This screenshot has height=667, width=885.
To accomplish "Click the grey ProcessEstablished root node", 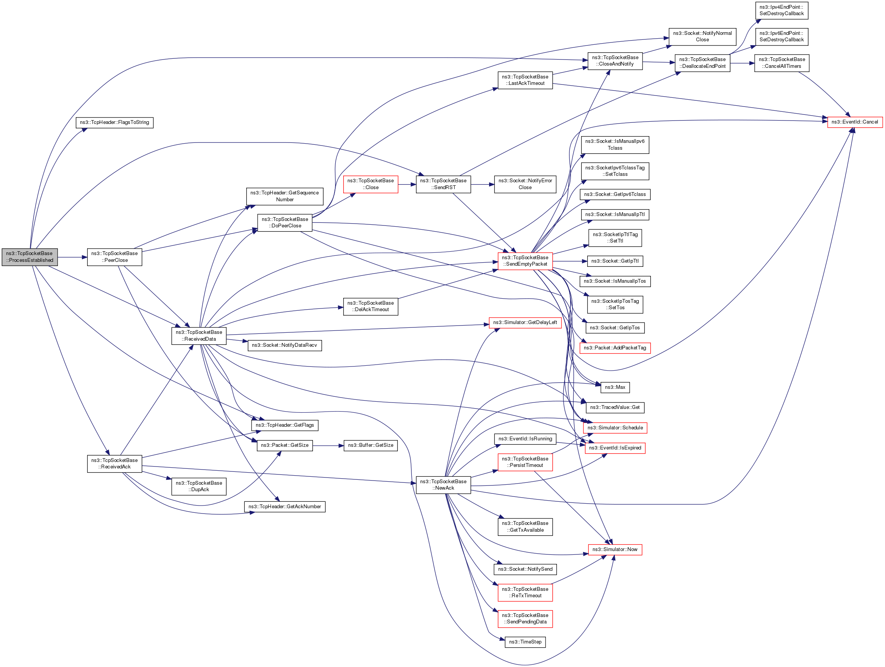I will pos(30,257).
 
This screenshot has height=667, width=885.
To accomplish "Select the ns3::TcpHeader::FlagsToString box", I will pos(114,122).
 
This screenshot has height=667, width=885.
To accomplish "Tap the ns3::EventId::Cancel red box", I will pos(855,122).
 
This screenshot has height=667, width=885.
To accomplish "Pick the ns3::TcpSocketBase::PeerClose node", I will pos(114,257).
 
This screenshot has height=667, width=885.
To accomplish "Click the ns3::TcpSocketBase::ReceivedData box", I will pos(199,336).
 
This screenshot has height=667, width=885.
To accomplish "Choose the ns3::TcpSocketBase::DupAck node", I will pos(199,486).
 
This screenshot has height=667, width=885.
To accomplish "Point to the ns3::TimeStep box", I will pos(525,642).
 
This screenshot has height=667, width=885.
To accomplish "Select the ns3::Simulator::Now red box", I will pos(615,550).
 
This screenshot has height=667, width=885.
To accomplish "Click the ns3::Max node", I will pos(615,387).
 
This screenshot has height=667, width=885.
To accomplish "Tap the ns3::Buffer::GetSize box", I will pos(371,445).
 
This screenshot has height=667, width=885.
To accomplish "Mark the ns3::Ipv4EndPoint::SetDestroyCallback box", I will pos(781,10).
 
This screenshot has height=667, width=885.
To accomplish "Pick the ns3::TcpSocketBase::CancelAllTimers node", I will pos(781,63).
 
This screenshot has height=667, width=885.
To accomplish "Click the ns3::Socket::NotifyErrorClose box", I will pos(525,184).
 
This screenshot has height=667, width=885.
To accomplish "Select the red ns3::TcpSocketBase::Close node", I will pos(371,184).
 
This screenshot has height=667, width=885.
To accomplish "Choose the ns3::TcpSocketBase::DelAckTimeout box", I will pos(371,307).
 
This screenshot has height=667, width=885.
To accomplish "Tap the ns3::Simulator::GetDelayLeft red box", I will pos(525,323).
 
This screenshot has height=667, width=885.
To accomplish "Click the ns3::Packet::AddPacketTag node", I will pos(615,348).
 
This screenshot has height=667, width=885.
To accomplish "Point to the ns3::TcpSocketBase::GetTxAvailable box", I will pos(525,526).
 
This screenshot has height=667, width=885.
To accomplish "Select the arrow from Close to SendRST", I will pos(407,185).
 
